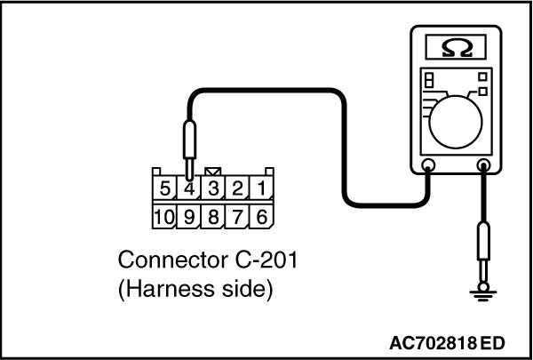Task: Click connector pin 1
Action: pyautogui.click(x=261, y=189)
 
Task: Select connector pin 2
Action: pyautogui.click(x=238, y=189)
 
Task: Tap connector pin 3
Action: pyautogui.click(x=214, y=189)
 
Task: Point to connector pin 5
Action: pyautogui.click(x=166, y=189)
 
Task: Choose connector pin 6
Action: pyautogui.click(x=261, y=216)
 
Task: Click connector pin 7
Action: pyautogui.click(x=238, y=216)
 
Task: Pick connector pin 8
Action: pyautogui.click(x=214, y=216)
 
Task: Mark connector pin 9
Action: pyautogui.click(x=191, y=216)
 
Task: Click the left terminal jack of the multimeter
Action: pyautogui.click(x=427, y=165)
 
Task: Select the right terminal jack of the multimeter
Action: pyautogui.click(x=483, y=165)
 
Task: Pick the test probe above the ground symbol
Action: pyautogui.click(x=483, y=249)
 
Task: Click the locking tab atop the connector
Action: pyautogui.click(x=214, y=172)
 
